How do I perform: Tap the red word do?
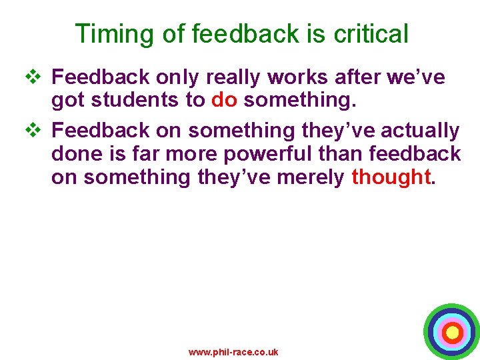coord(223,101)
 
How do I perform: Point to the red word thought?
coord(390,177)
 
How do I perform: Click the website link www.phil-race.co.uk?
coord(233,352)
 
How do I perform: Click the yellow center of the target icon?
coord(452,332)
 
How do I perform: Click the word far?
coord(140,154)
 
